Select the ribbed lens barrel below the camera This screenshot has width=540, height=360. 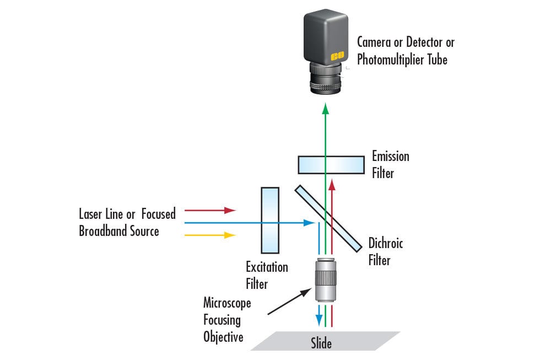pyautogui.click(x=326, y=82)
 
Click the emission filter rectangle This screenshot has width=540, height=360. pyautogui.click(x=331, y=164)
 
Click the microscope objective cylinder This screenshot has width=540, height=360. pyautogui.click(x=326, y=281)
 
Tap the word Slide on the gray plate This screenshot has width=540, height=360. pyautogui.click(x=321, y=343)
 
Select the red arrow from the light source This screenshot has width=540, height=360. pyautogui.click(x=210, y=210)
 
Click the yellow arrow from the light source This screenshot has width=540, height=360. pyautogui.click(x=210, y=235)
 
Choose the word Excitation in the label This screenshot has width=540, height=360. pyautogui.click(x=267, y=267)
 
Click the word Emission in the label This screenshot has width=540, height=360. pyautogui.click(x=390, y=156)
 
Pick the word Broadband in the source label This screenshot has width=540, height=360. pyautogui.click(x=101, y=231)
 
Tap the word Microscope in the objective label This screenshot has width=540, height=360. pyautogui.click(x=227, y=303)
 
